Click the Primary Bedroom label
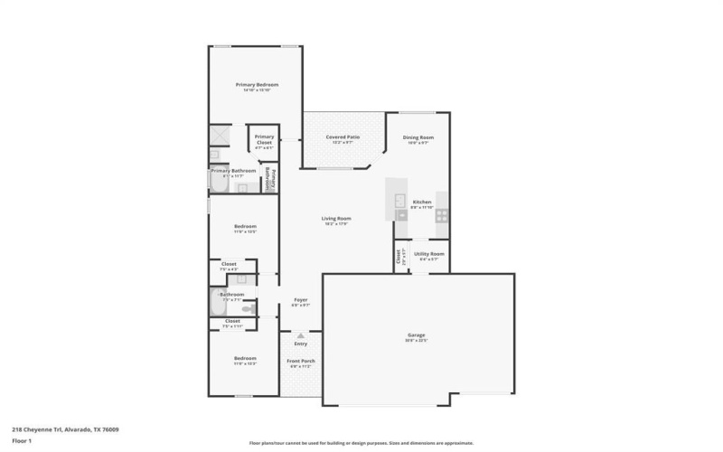coord(257,85)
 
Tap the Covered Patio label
coord(343,137)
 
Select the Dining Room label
coord(418,137)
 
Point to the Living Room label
coord(336,219)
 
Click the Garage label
coord(416,336)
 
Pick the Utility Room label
coord(429,255)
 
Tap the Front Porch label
coord(300,362)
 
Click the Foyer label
coord(300,300)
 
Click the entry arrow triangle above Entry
coord(300,335)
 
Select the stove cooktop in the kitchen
coord(441,215)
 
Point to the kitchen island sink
coord(399,202)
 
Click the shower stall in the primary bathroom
coord(220,136)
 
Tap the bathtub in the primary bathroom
coord(217,181)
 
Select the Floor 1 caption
coord(22,440)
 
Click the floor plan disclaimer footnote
coord(361,443)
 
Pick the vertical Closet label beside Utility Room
coord(399,256)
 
